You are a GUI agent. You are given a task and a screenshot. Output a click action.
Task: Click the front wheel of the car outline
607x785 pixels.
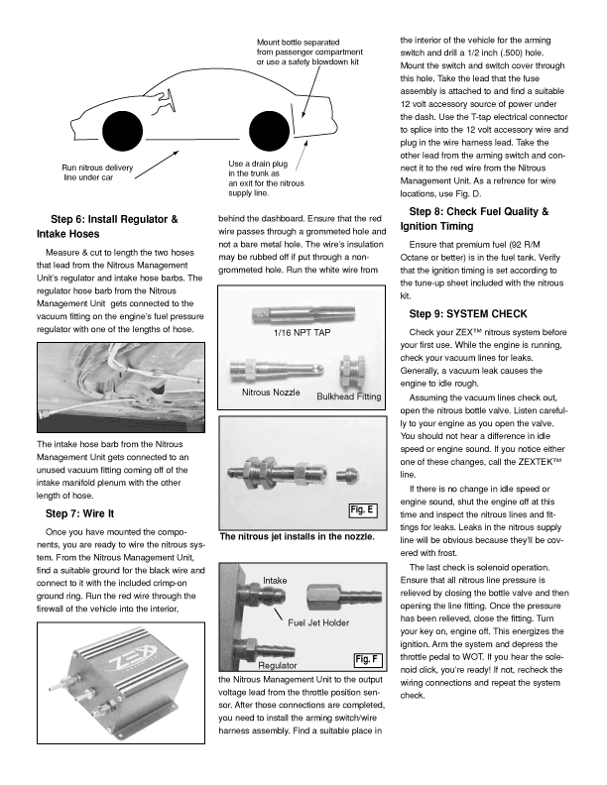121,134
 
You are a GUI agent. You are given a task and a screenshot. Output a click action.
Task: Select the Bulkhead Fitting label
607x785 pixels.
348,396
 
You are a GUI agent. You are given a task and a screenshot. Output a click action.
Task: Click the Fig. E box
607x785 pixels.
362,510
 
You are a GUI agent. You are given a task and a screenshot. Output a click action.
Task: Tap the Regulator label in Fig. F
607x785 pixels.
278,666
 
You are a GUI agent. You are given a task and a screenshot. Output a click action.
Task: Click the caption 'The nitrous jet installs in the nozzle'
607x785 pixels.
296,538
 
